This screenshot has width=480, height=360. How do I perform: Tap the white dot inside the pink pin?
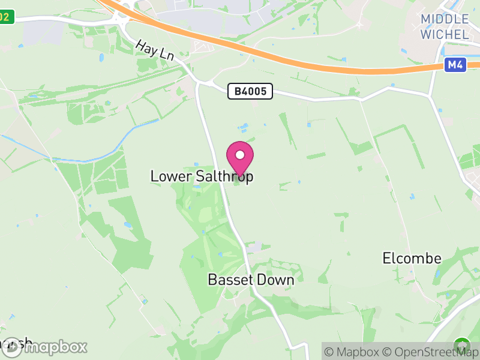click(240, 155)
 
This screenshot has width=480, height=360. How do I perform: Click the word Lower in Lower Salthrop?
click(171, 176)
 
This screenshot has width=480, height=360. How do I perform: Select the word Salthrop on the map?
click(224, 176)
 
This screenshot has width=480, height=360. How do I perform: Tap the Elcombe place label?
click(412, 259)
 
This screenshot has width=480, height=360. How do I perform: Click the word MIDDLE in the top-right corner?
click(445, 19)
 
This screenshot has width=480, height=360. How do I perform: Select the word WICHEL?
click(445, 34)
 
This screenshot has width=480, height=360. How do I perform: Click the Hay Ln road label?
click(154, 49)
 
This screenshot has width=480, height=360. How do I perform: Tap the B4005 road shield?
click(251, 91)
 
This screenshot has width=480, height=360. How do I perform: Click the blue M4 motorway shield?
click(455, 65)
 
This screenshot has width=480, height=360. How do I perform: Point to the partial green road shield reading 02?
click(5, 17)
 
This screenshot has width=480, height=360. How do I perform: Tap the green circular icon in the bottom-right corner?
click(461, 346)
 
